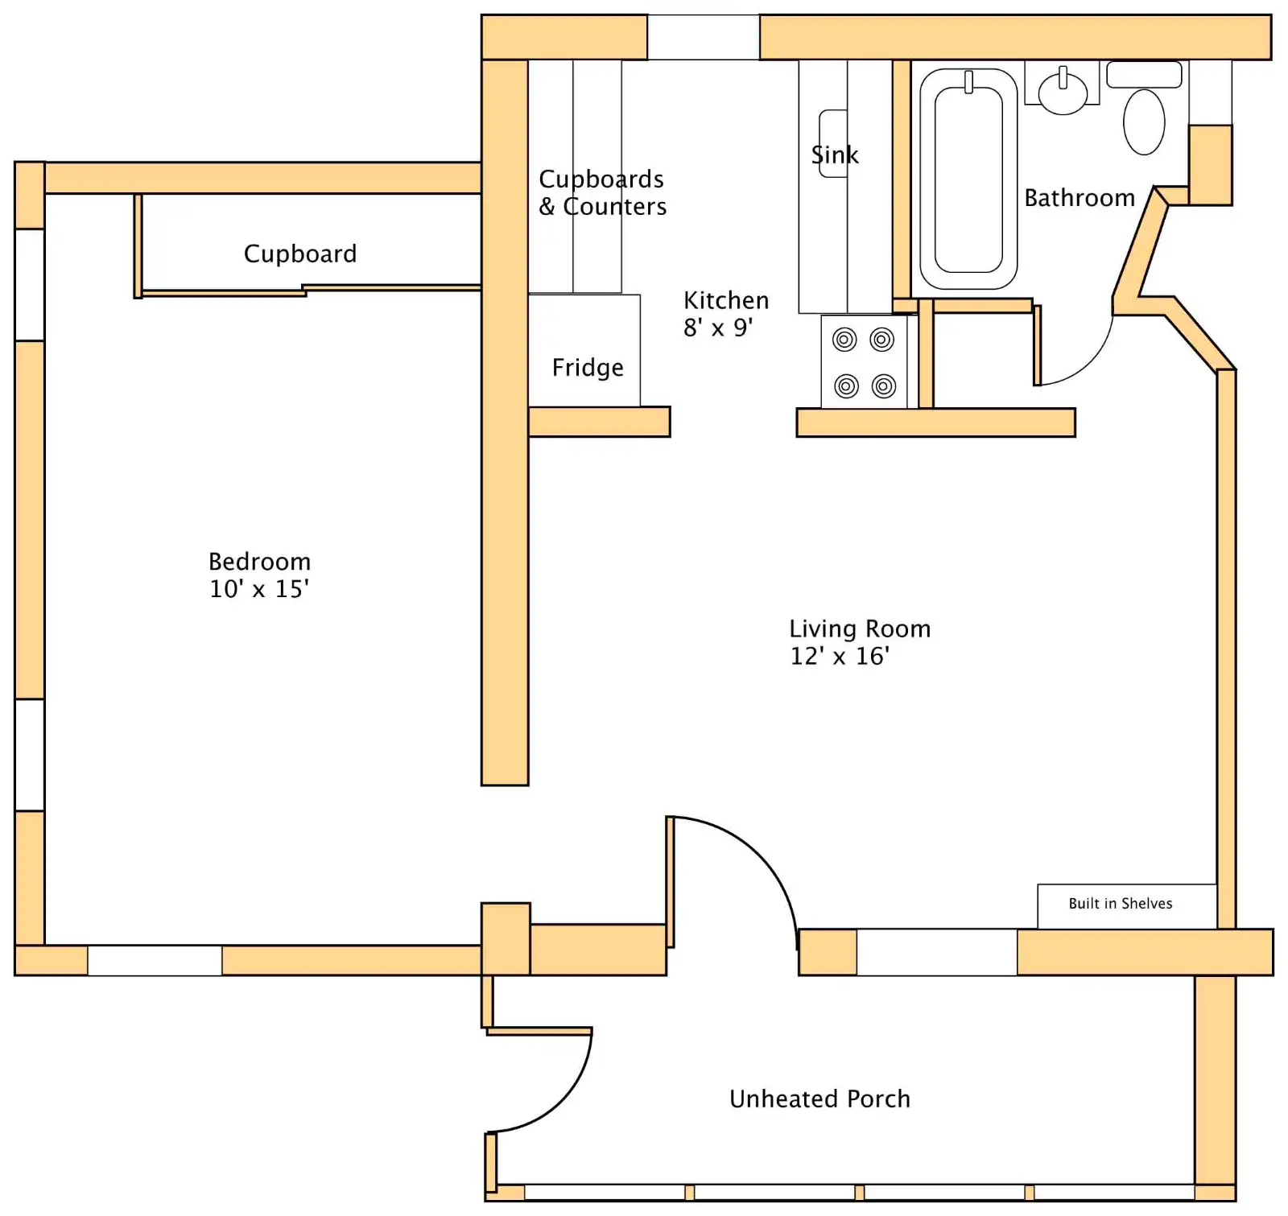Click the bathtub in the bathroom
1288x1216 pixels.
tap(968, 179)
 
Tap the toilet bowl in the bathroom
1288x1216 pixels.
tap(1144, 122)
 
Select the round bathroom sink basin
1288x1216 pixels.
tap(1063, 93)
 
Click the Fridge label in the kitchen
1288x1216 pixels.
tap(588, 368)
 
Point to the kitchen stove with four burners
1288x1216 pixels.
tap(864, 362)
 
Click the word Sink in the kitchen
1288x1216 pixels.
tap(835, 155)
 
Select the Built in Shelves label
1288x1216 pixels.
tap(1120, 904)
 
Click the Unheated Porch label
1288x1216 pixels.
tap(819, 1099)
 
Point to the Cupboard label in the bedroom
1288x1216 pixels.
tap(300, 254)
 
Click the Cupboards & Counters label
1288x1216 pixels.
tap(602, 193)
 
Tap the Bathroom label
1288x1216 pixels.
tap(1080, 198)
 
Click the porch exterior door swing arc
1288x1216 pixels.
tap(566, 1103)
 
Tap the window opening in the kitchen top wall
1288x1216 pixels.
tap(704, 37)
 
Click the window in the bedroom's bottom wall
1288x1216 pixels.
tap(155, 961)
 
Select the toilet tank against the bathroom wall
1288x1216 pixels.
tap(1144, 74)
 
